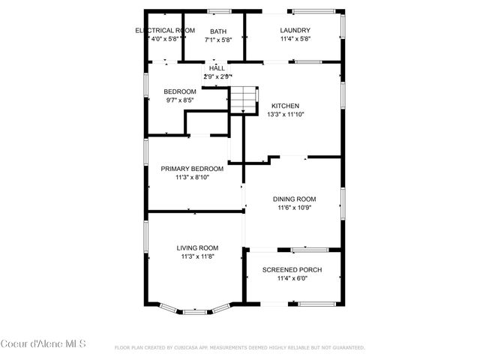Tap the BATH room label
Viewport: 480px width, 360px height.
tap(218, 31)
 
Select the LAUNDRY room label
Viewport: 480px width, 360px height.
tap(295, 31)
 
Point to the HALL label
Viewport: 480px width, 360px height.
tap(217, 68)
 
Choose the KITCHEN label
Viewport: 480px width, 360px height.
tap(285, 106)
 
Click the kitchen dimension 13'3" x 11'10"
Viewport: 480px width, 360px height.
tap(285, 115)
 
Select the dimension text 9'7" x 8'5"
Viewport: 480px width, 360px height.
tap(179, 100)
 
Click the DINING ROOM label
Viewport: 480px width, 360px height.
tap(293, 199)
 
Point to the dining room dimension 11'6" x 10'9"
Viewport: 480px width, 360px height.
tap(293, 208)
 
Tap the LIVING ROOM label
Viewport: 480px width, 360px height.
tap(197, 247)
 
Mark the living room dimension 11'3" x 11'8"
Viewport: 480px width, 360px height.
tap(197, 256)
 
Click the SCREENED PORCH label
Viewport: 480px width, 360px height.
tap(292, 269)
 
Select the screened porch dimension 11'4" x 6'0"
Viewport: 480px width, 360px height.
tap(292, 278)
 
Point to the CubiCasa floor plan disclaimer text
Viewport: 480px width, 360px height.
tap(239, 348)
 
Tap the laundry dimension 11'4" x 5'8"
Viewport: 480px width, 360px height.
tap(295, 39)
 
